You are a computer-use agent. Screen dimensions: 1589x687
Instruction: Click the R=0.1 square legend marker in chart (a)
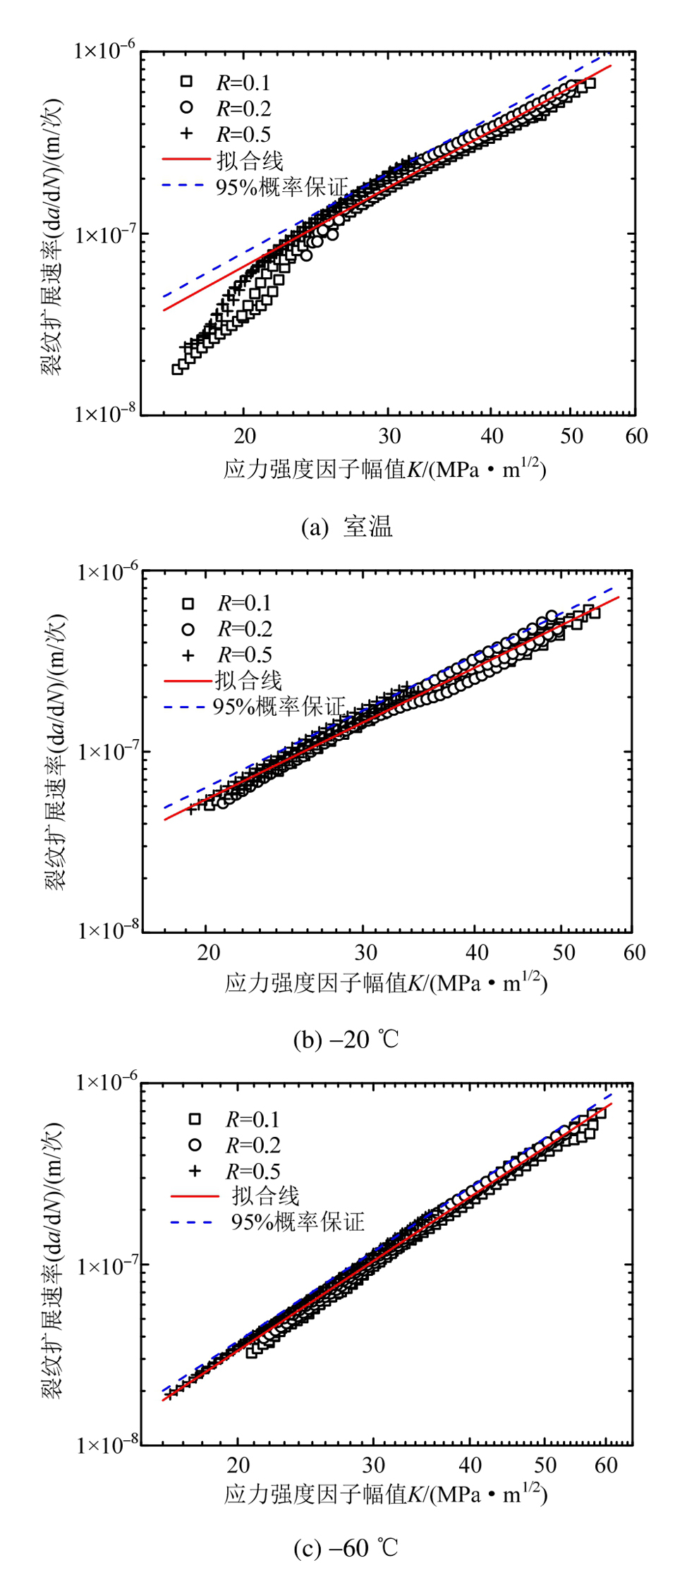pos(186,81)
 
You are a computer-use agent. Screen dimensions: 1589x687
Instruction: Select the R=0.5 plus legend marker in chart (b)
pos(188,655)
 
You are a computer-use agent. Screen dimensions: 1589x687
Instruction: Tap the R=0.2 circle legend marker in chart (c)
pos(195,1145)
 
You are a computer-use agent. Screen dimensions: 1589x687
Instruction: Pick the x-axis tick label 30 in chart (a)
pos(389,437)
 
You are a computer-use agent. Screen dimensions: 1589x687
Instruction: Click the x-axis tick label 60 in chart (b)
pos(634,953)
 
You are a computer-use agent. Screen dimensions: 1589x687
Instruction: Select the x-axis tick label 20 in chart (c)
pos(238,1466)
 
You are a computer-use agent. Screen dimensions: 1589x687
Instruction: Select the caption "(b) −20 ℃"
pos(346,1040)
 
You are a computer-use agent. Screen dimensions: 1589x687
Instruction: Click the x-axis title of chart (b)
pos(386,982)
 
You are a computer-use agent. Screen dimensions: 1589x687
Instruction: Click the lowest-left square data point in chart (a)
pos(177,369)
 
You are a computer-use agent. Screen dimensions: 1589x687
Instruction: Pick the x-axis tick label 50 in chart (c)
pos(545,1466)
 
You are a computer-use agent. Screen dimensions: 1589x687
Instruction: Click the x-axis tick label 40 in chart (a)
pos(492,437)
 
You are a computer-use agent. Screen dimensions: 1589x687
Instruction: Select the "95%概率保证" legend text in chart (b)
pos(279,706)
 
